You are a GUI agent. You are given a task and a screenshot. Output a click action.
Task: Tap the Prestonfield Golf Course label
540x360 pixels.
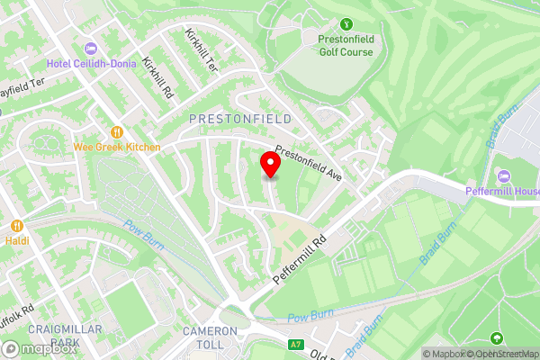[x=346, y=45]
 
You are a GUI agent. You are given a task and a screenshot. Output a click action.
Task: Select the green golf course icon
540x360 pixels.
[x=346, y=25]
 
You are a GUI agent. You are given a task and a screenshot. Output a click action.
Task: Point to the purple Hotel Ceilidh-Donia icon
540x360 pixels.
[x=88, y=49]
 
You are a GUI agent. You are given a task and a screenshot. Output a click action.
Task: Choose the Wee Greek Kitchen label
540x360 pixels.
[x=117, y=147]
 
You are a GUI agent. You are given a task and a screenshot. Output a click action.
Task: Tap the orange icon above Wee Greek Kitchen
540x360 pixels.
[x=116, y=130]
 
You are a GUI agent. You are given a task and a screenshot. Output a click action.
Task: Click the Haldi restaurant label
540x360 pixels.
[x=17, y=242]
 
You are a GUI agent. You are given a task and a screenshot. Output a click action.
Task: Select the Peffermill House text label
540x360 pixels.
[x=501, y=190]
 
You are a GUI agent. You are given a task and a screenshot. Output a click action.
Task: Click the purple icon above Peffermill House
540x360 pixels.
[x=501, y=174]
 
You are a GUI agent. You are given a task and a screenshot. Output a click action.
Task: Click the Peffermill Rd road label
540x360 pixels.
[x=299, y=262]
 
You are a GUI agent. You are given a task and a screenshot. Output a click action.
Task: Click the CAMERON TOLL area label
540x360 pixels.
[x=210, y=337]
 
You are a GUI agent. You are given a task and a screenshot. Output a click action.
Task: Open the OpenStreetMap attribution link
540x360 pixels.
[x=500, y=354]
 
